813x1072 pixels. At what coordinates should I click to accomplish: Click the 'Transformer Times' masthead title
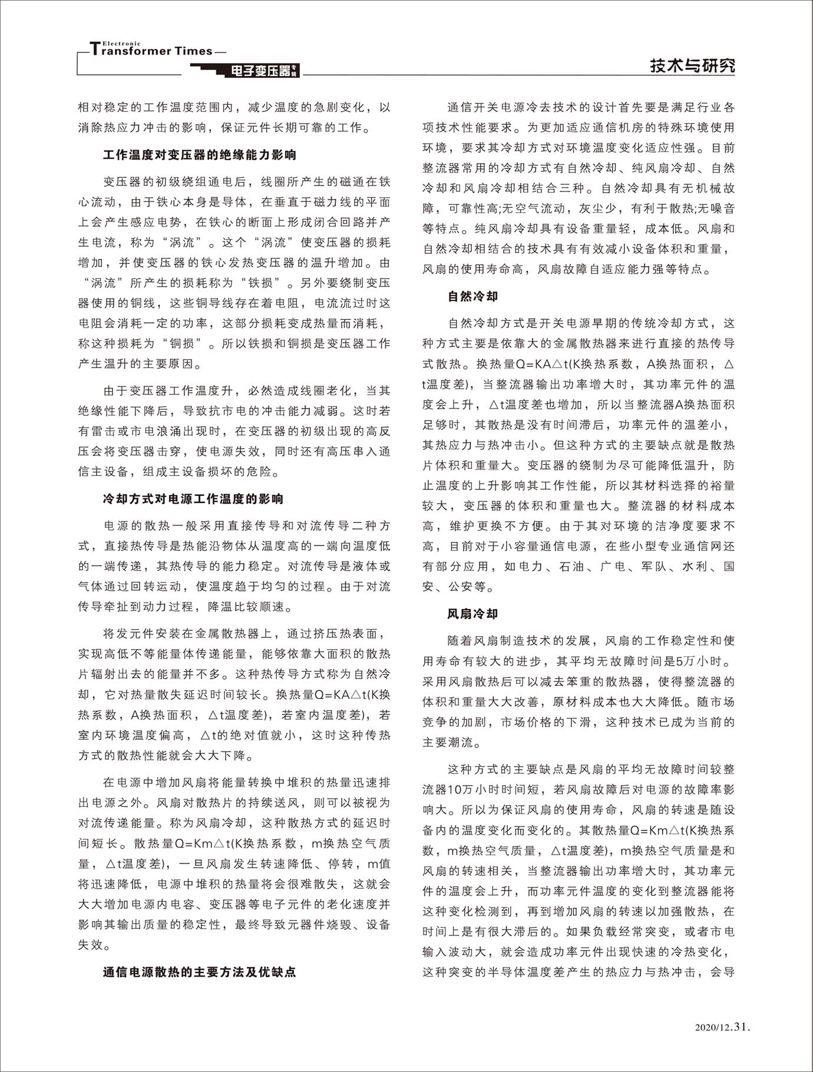pos(151,51)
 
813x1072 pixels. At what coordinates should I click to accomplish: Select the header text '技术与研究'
pos(692,65)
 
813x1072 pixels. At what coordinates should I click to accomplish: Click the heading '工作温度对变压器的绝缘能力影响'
pos(200,155)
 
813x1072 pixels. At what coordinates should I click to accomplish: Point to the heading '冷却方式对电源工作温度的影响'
pos(193,499)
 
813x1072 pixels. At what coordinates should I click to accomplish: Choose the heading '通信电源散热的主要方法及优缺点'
pos(200,972)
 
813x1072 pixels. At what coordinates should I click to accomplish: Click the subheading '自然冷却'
pos(473,296)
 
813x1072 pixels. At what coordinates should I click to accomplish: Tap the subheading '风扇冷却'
pos(473,614)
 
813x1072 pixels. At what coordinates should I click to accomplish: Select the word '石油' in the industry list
pos(571,567)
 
